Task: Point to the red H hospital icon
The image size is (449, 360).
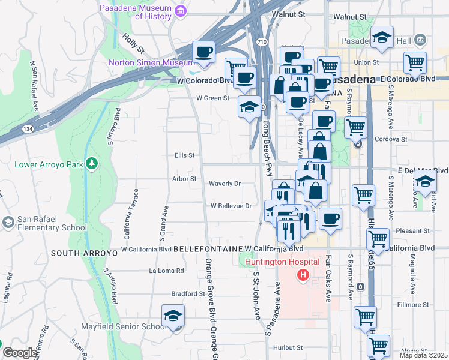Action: pyautogui.click(x=304, y=275)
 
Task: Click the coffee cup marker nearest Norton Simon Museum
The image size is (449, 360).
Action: pyautogui.click(x=203, y=52)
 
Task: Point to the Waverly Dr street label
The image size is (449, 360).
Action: pyautogui.click(x=224, y=184)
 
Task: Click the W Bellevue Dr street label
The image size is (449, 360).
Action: pyautogui.click(x=231, y=206)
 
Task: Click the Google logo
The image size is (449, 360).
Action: pyautogui.click(x=20, y=353)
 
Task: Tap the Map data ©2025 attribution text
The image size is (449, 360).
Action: pyautogui.click(x=423, y=355)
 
